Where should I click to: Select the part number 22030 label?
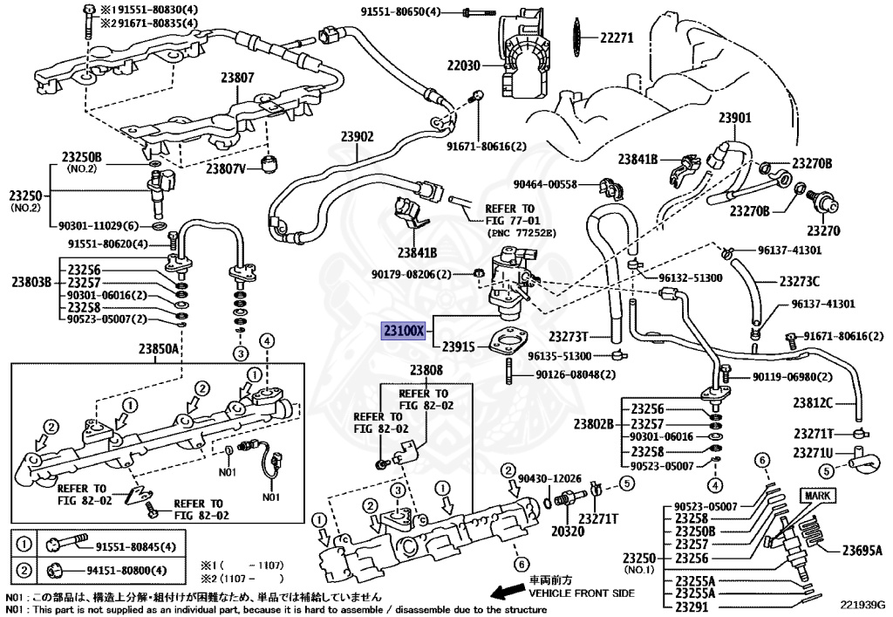coord(466,65)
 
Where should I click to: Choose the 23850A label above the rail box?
coord(160,348)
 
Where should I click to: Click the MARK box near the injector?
coord(819,496)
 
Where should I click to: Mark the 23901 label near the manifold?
coord(734,118)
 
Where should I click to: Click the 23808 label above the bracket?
coord(427,369)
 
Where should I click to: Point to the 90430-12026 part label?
coord(548,478)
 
